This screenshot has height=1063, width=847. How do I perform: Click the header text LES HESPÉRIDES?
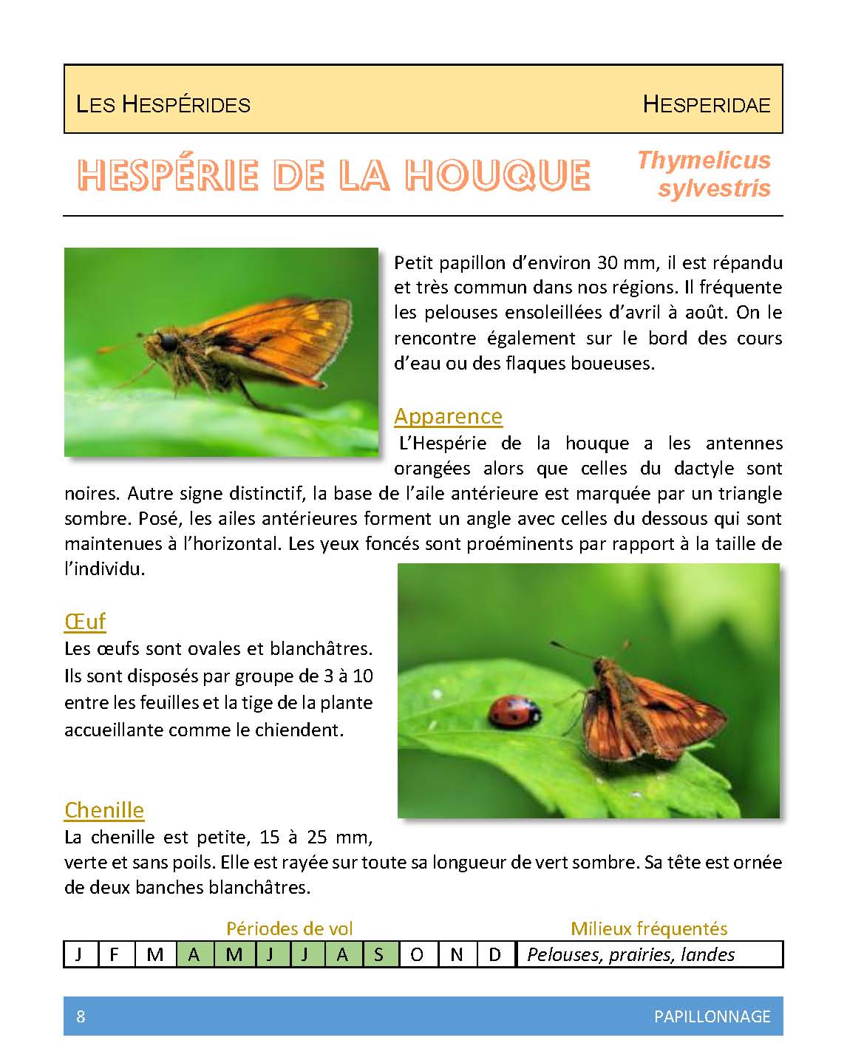[163, 104]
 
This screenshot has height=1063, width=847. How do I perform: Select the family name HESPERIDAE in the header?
[706, 104]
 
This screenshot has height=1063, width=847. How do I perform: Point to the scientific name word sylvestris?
[714, 189]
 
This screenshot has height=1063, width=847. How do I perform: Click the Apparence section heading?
[448, 416]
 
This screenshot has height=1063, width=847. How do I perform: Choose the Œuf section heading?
[85, 621]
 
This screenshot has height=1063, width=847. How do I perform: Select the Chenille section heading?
[104, 809]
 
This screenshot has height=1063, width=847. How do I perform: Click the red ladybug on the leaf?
[514, 713]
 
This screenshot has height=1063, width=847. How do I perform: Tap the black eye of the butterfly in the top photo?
[169, 342]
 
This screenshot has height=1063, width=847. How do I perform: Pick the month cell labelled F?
[114, 954]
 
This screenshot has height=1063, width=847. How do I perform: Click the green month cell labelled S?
[378, 954]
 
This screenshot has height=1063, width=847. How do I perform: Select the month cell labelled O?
[418, 954]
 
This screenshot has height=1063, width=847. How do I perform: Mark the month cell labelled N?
[457, 954]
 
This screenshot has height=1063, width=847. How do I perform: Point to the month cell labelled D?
[495, 954]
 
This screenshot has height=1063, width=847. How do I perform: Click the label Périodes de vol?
[289, 928]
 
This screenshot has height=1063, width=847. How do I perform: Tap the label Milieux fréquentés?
[649, 928]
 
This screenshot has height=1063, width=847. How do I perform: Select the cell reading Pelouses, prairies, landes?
[630, 954]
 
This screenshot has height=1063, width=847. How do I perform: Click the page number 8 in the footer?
[81, 1016]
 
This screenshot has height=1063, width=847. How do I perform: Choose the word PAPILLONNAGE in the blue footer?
[712, 1016]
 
